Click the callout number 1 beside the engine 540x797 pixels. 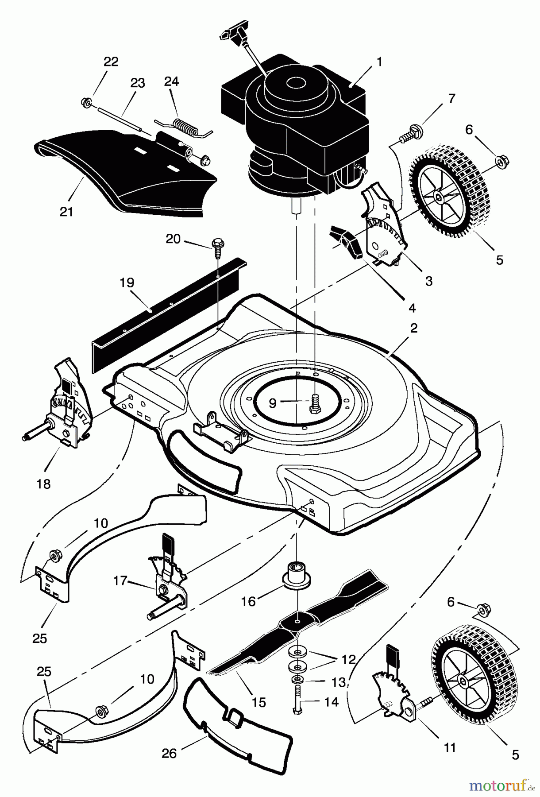click(x=379, y=62)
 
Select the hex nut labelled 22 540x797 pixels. click(x=86, y=103)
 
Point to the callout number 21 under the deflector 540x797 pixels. click(x=66, y=212)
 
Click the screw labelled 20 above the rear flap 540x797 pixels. click(x=218, y=244)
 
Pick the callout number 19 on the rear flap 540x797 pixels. click(x=127, y=282)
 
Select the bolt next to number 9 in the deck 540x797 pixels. click(x=315, y=402)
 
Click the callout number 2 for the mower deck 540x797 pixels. click(x=414, y=328)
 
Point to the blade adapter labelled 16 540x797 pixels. click(x=295, y=575)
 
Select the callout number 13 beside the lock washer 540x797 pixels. click(x=339, y=682)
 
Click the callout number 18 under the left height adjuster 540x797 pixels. click(x=43, y=484)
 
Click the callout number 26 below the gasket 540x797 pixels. click(x=169, y=753)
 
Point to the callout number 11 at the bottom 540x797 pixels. click(x=450, y=748)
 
